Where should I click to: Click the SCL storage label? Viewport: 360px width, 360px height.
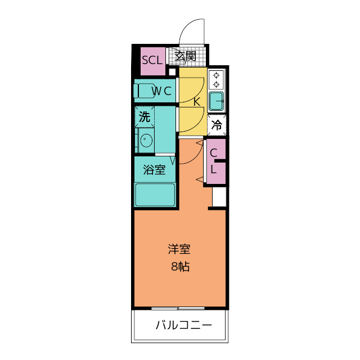(x=151, y=59)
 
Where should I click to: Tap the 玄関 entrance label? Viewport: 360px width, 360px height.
(x=186, y=56)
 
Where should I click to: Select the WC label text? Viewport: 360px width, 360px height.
(x=160, y=91)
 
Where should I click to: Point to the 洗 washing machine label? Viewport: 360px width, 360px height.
(x=145, y=117)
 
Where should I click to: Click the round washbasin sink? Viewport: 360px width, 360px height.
(x=146, y=139)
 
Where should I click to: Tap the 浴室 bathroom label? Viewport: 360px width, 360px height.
(x=154, y=169)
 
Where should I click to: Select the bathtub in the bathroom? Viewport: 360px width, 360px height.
(x=155, y=195)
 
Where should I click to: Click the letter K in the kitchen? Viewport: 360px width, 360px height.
(x=197, y=102)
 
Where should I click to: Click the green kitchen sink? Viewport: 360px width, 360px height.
(x=216, y=101)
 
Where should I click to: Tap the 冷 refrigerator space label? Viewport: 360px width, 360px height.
(x=217, y=125)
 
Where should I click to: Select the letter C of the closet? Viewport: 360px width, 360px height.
(x=214, y=153)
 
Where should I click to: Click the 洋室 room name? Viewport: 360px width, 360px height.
(x=180, y=249)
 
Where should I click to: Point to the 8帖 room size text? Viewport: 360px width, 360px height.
(x=180, y=267)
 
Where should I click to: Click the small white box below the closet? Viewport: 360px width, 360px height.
(x=218, y=197)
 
